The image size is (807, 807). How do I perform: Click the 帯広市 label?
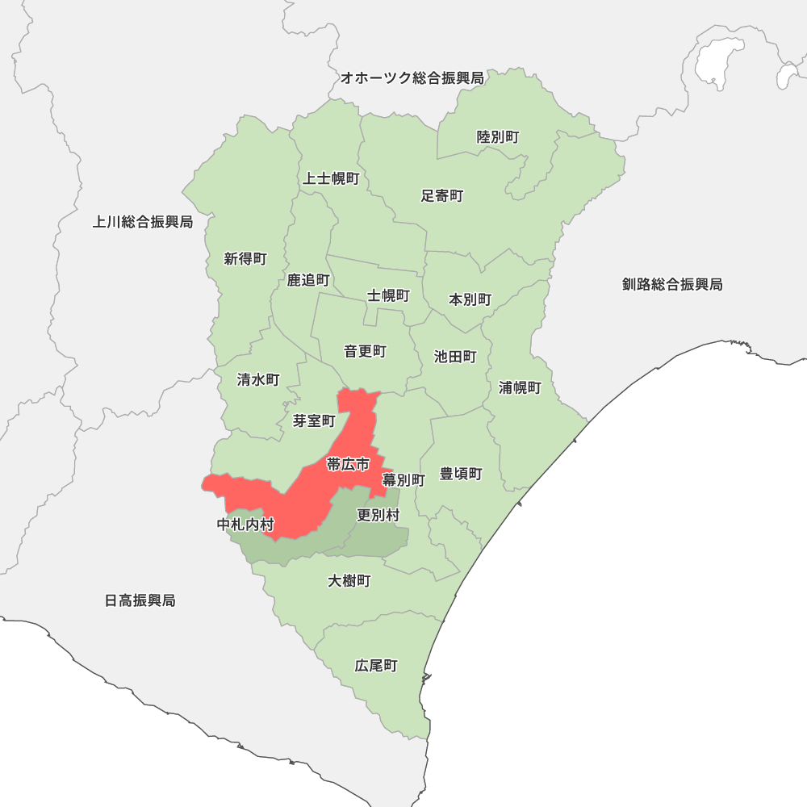click(348, 464)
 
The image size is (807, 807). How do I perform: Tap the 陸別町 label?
click(498, 137)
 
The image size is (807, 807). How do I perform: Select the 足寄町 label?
click(442, 195)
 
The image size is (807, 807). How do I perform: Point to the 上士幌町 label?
click(331, 178)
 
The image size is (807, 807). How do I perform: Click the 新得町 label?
click(245, 259)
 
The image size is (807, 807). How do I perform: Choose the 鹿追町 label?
click(308, 280)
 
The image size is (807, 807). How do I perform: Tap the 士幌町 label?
click(388, 295)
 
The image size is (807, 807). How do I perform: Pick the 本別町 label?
click(470, 299)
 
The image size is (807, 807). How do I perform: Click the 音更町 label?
click(365, 351)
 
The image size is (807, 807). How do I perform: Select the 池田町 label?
click(455, 356)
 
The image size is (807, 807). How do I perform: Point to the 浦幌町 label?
click(520, 387)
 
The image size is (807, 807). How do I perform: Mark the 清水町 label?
click(258, 379)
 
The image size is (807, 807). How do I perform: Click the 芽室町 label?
click(314, 420)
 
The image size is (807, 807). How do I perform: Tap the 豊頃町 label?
click(461, 474)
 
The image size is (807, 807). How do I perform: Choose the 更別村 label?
click(378, 514)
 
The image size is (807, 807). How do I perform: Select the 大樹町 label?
click(349, 580)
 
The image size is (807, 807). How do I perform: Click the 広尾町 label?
click(376, 666)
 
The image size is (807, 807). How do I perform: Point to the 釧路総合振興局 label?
click(672, 284)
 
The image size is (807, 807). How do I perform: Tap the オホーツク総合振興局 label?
click(412, 78)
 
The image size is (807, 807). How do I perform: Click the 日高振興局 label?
click(140, 600)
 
